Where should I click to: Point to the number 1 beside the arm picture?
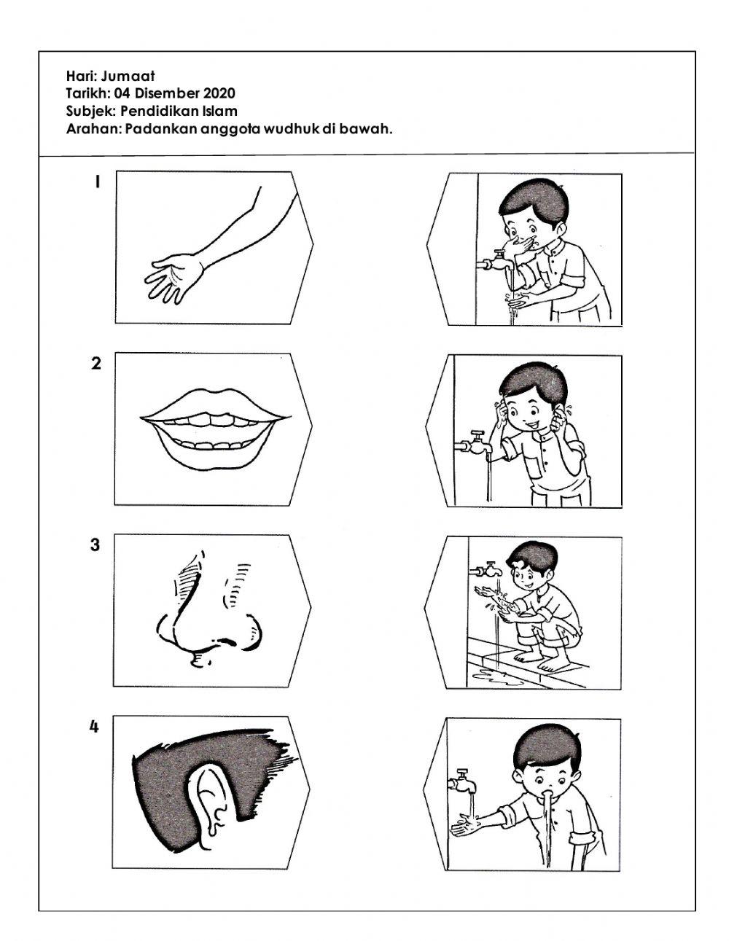click(x=98, y=182)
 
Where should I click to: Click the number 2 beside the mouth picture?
click(x=96, y=364)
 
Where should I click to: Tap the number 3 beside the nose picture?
click(x=95, y=545)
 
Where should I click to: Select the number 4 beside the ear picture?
click(x=94, y=727)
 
